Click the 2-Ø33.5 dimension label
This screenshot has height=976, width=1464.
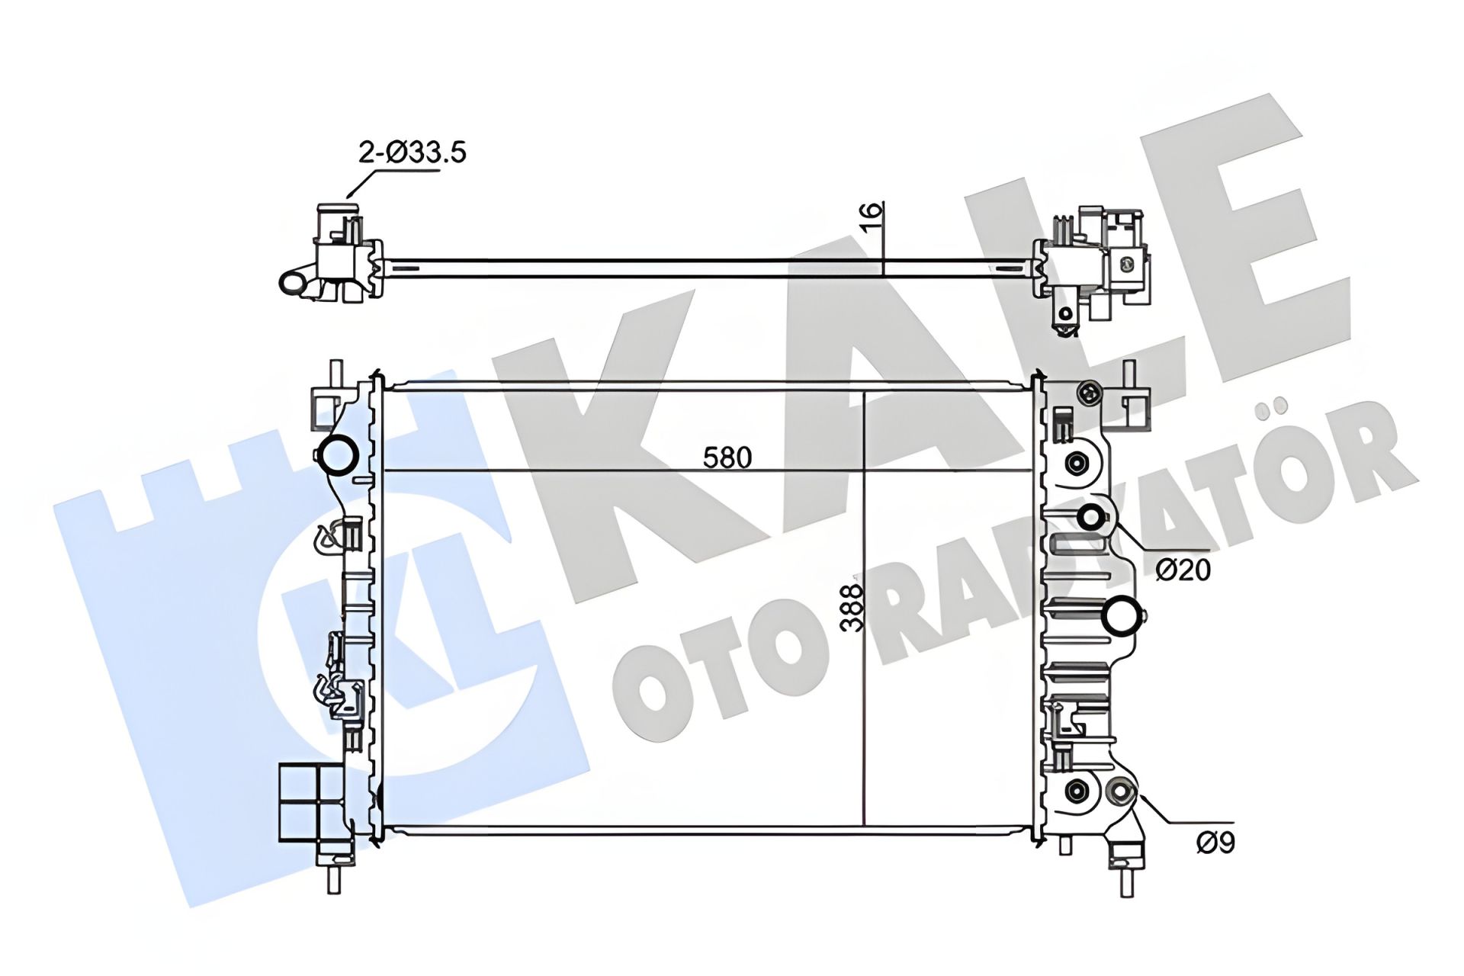coord(413,152)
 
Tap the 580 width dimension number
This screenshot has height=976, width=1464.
coord(727,457)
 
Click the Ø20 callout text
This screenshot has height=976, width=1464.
coord(1183,570)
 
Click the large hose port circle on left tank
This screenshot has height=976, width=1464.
coord(337,455)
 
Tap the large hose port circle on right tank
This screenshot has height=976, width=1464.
coord(1124,618)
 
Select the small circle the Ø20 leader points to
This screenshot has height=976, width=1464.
coord(1091,518)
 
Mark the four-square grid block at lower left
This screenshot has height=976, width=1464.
coord(311,802)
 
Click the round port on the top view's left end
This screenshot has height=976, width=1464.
coord(292,283)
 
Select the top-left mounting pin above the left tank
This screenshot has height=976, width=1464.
coord(335,374)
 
